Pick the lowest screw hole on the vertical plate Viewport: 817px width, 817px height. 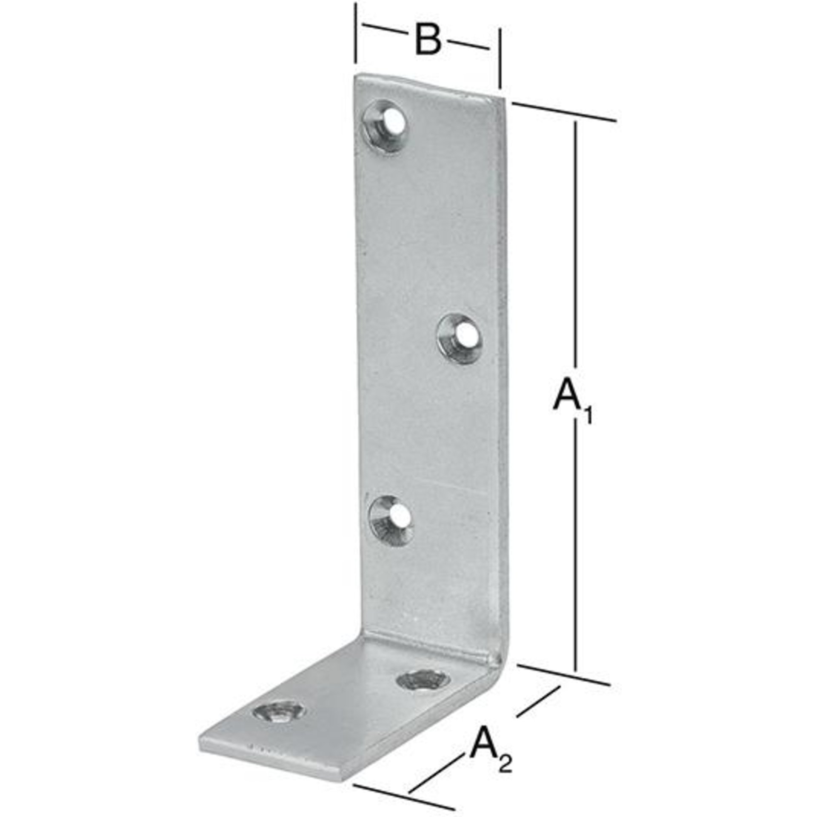[391, 520]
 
